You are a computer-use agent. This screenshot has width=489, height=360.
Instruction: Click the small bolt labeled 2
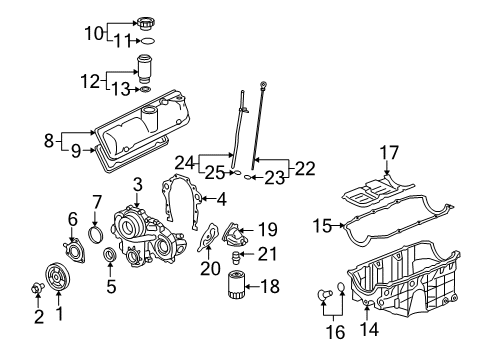coord(36,317)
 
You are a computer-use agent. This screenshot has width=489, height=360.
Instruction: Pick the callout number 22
coord(304,166)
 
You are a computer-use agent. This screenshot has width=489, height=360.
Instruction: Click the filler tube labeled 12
coord(145,71)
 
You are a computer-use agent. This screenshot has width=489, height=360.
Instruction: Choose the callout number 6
coord(72,219)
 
